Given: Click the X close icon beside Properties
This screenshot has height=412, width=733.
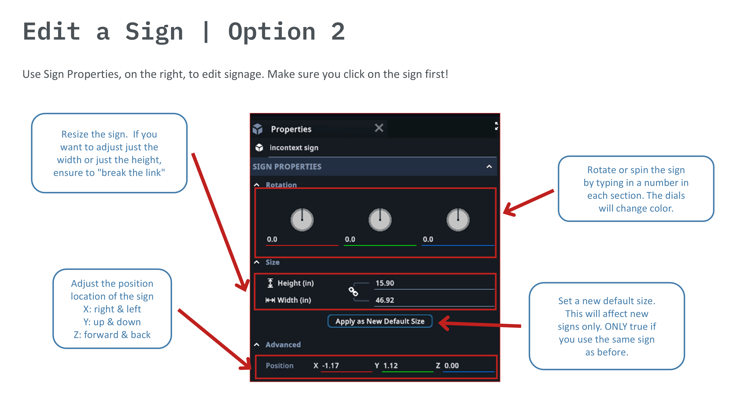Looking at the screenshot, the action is pos(379,128).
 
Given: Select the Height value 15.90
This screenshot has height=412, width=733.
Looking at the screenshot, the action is pos(385,283).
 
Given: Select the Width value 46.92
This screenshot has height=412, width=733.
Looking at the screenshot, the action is pos(385,300).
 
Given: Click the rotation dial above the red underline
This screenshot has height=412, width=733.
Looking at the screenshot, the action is pos(302,220).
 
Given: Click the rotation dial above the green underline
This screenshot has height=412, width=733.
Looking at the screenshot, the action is pos(380,220).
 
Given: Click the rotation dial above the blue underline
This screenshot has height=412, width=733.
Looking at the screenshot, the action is pos(458,220).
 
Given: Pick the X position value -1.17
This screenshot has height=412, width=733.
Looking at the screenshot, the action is pos(330,366).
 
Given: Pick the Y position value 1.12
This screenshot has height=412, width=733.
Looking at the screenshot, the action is pos(390,366).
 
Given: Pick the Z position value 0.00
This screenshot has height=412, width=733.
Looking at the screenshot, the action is pos(452,366).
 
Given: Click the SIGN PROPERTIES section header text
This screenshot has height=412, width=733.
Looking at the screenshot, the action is pos(287,167).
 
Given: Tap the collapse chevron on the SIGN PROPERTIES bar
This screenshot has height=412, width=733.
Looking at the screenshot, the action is pos(489,167).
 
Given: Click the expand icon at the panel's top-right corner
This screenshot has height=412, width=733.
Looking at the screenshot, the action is pos(497,126).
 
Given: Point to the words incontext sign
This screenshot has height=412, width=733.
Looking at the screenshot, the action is pos(294,148).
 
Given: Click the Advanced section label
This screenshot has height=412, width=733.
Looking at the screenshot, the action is pos(283,345).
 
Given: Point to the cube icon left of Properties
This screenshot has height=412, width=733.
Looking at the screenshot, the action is pos(257,129).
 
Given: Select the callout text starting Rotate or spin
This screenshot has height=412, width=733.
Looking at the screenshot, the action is pos(636,189).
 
